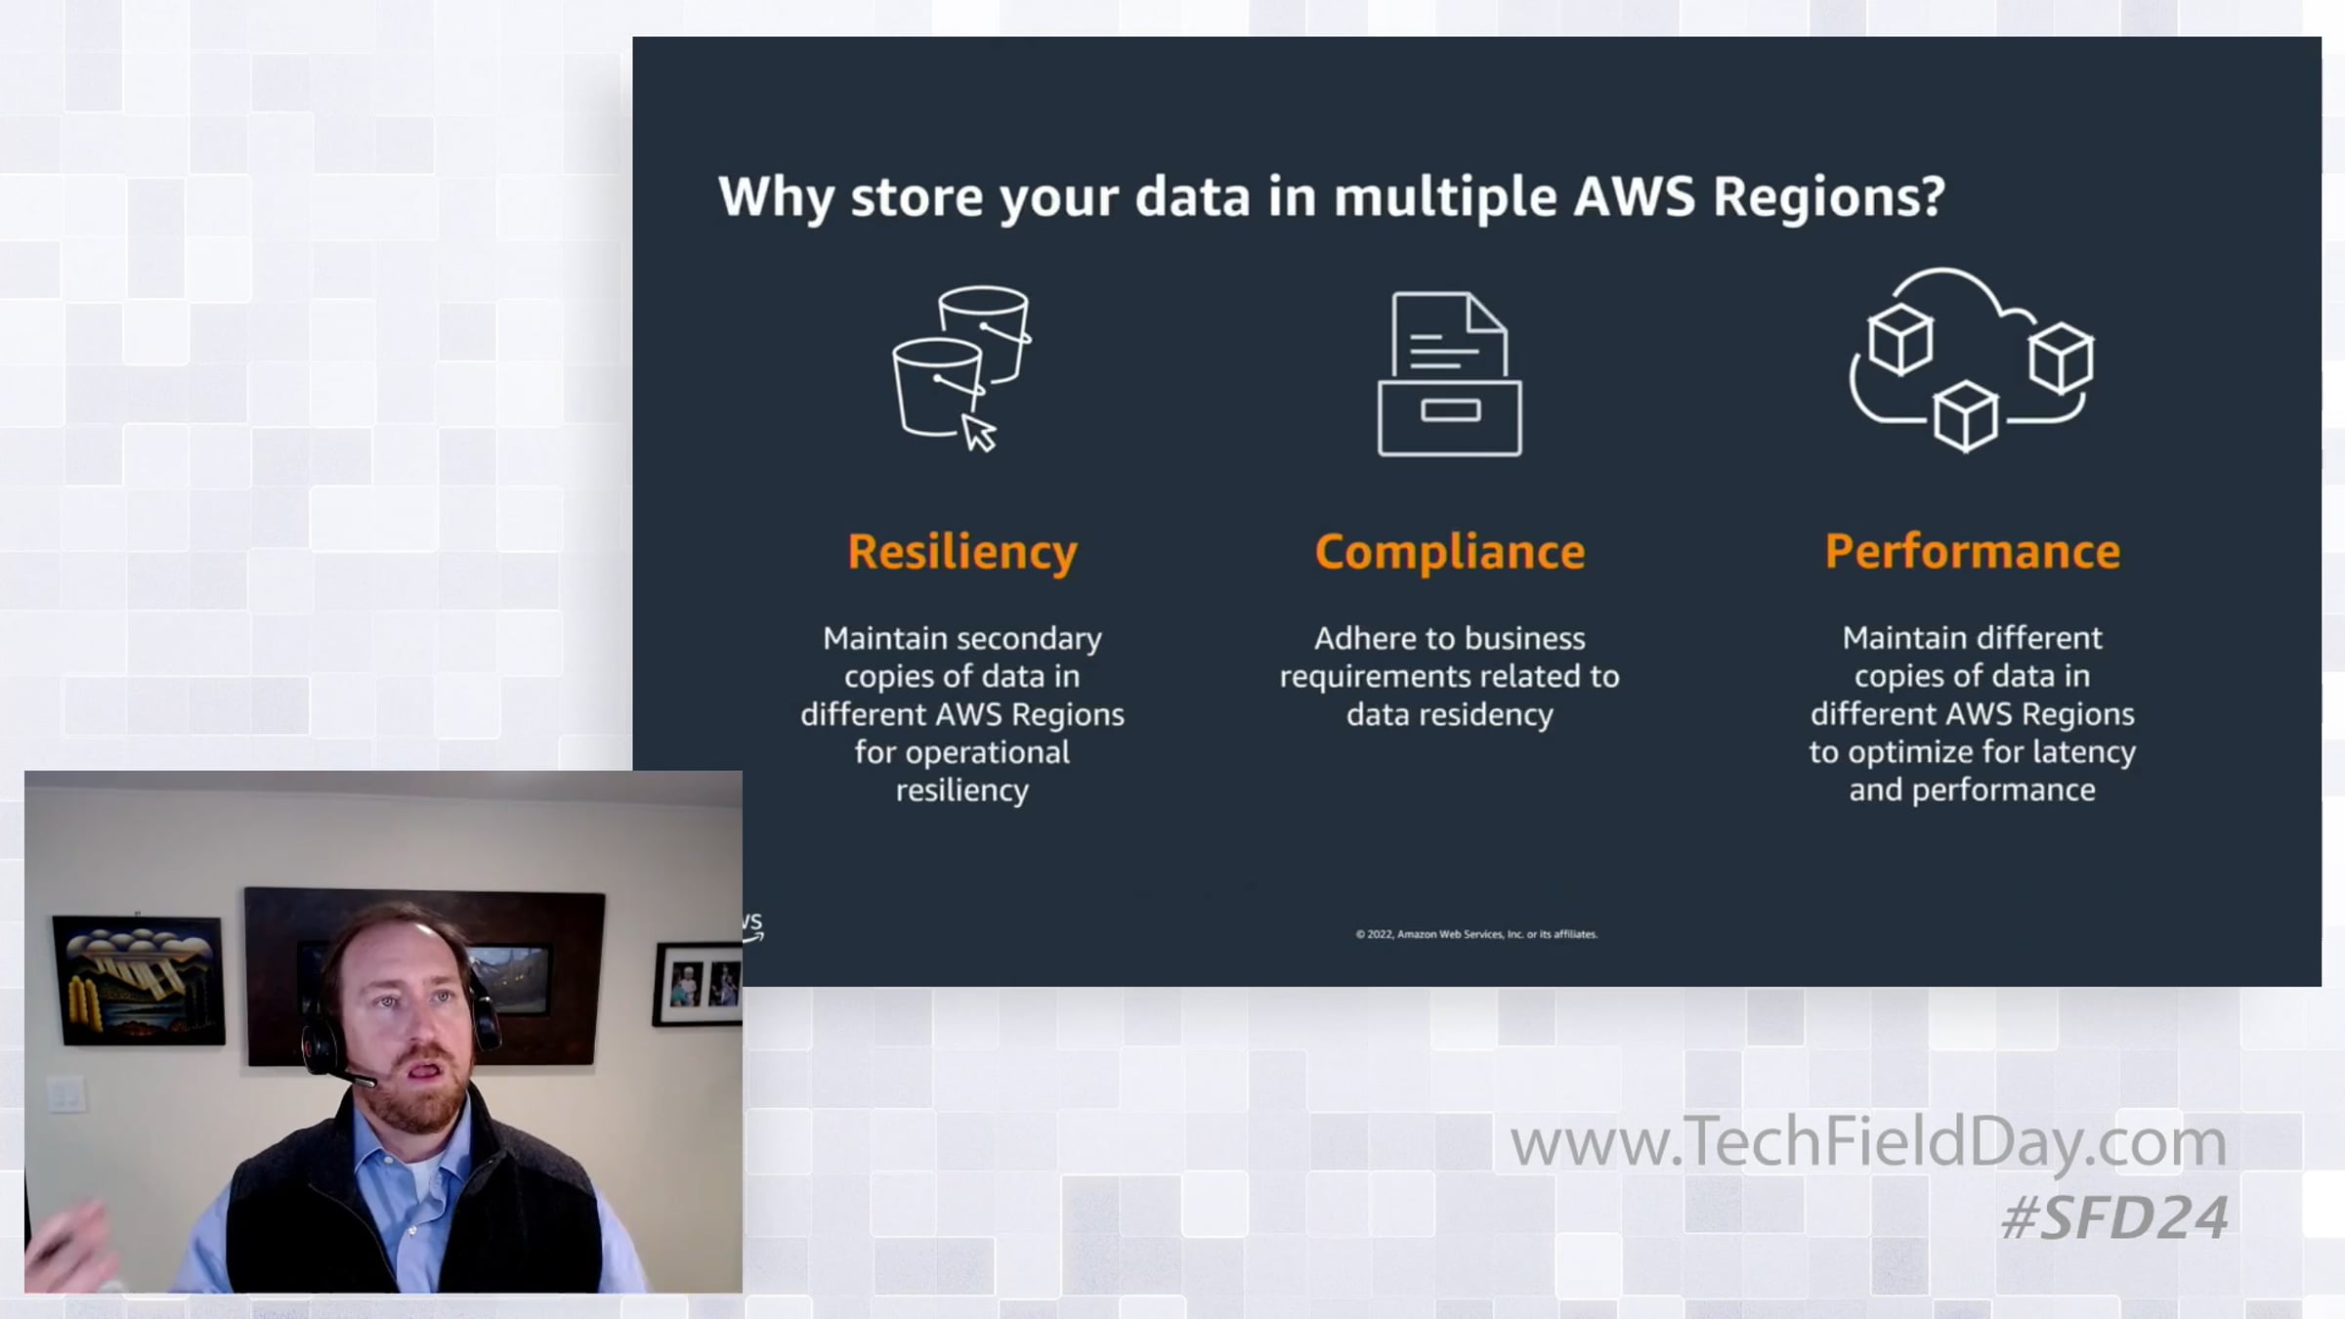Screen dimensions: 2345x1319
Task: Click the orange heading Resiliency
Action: pyautogui.click(x=962, y=552)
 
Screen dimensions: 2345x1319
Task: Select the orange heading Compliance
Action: pyautogui.click(x=1450, y=552)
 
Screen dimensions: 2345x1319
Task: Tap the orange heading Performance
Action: pyautogui.click(x=1973, y=551)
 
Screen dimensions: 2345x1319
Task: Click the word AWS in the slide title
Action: pyautogui.click(x=1634, y=196)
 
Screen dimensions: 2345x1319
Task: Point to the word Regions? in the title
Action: pyautogui.click(x=1829, y=198)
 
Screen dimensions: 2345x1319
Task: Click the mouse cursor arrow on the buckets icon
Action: pyautogui.click(x=979, y=433)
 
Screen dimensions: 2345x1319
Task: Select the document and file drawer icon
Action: pyautogui.click(x=1450, y=374)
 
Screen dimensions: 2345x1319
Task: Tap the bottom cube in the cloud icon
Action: pyautogui.click(x=1966, y=416)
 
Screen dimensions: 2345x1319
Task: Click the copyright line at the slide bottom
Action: pyautogui.click(x=1476, y=934)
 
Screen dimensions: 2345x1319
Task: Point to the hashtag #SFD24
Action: pyautogui.click(x=2114, y=1217)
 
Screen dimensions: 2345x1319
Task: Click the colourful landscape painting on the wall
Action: pyautogui.click(x=139, y=979)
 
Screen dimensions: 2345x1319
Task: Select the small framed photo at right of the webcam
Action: pyautogui.click(x=698, y=984)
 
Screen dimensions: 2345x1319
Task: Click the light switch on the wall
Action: pyautogui.click(x=66, y=1093)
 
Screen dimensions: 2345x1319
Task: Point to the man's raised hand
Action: pyautogui.click(x=68, y=1246)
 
